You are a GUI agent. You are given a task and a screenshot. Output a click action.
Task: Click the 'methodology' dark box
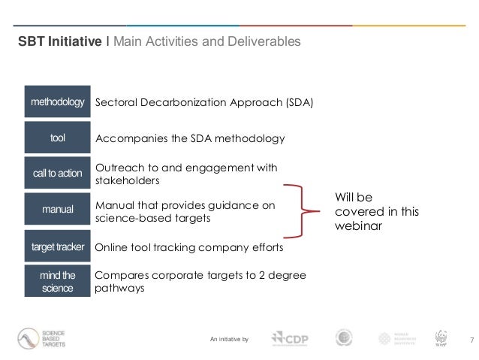57,101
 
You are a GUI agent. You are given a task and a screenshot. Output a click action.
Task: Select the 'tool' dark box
57,138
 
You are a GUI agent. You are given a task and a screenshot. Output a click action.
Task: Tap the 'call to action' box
57,173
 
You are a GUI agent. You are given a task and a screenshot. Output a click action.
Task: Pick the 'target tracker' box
57,246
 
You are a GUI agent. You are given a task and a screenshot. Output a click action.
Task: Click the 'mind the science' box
57,280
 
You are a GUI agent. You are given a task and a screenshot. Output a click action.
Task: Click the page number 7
471,340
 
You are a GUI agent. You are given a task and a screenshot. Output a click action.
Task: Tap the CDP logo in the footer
293,339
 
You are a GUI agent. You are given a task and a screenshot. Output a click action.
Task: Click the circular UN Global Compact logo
345,338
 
